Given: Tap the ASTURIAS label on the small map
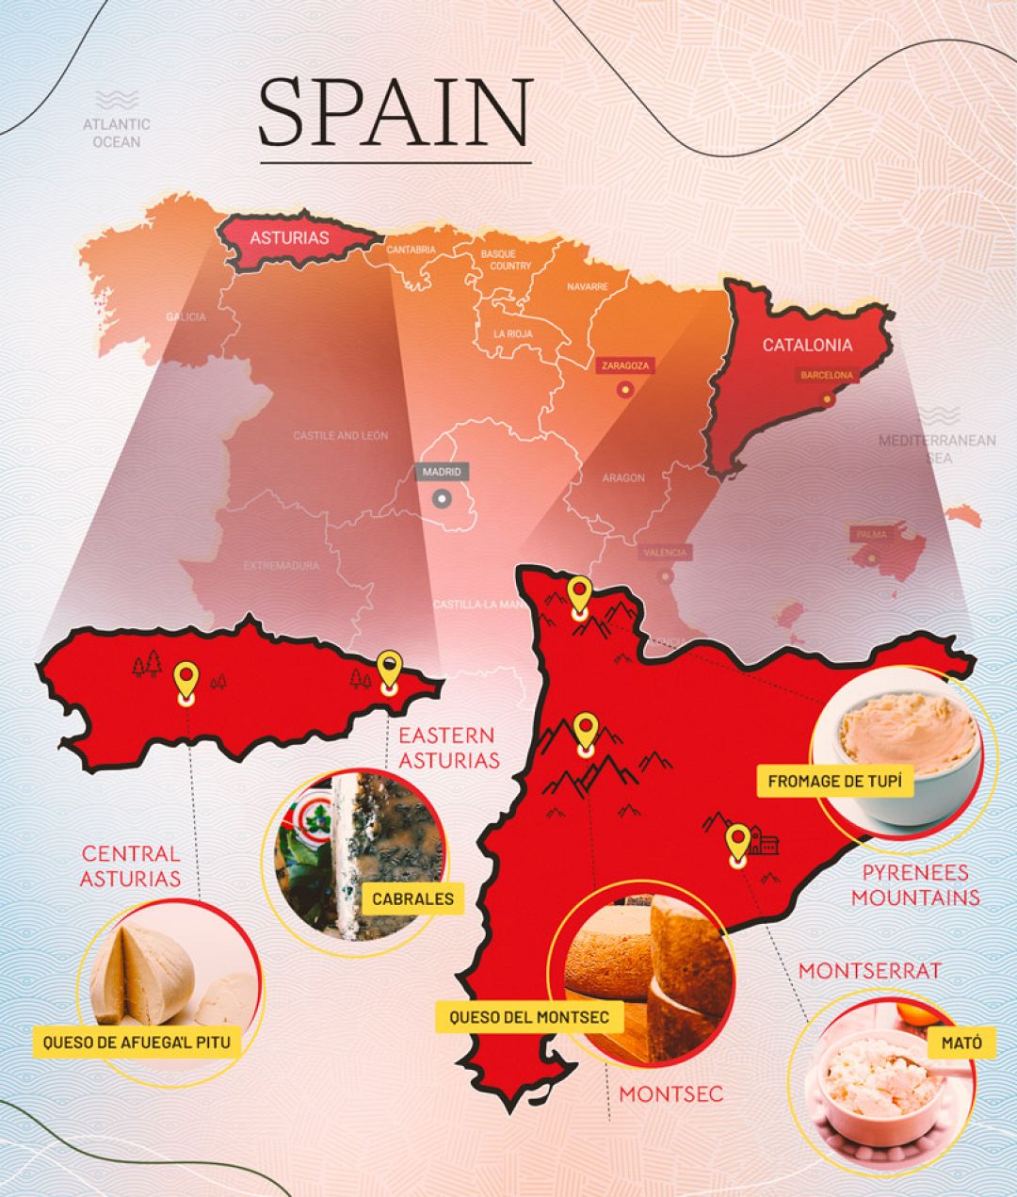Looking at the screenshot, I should (289, 237).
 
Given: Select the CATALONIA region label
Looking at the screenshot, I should (807, 345).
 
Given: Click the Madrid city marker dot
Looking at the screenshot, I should (442, 499).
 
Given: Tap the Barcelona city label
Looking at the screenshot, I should (826, 375).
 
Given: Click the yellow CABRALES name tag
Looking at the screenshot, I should (412, 898).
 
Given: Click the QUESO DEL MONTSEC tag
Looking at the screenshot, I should (529, 1017).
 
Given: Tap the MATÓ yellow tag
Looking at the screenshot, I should (960, 1043).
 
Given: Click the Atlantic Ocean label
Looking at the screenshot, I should (117, 133).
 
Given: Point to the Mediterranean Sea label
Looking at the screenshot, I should (937, 448).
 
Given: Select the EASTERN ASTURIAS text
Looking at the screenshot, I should (448, 747).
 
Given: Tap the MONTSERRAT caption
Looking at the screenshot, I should (869, 970).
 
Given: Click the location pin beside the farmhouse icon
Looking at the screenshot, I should (737, 842).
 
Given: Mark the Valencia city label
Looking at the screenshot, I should (666, 552).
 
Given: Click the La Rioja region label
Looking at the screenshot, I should (512, 333).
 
